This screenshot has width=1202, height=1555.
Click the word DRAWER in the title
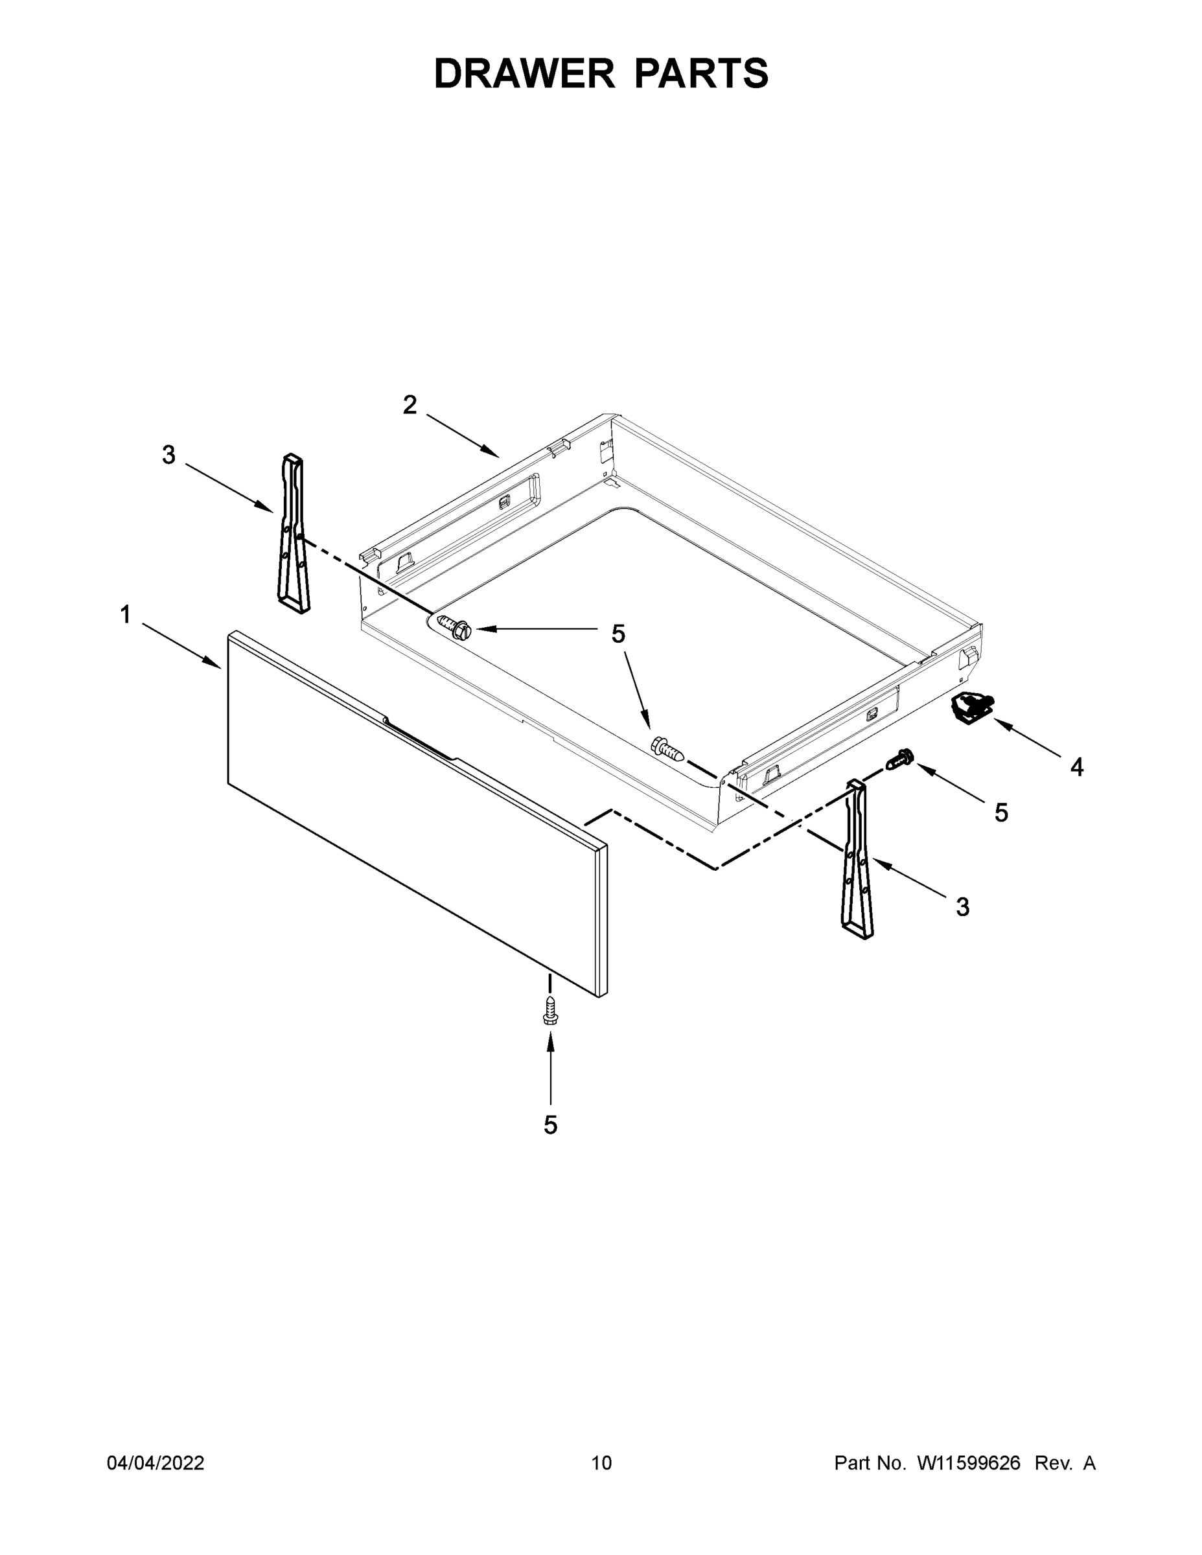click(524, 73)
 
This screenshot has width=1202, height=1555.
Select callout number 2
click(410, 405)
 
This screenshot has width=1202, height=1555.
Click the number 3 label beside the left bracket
click(168, 455)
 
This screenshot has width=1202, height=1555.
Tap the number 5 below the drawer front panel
click(550, 1125)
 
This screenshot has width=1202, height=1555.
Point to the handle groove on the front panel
click(420, 740)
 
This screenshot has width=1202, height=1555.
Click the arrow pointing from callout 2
click(463, 435)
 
